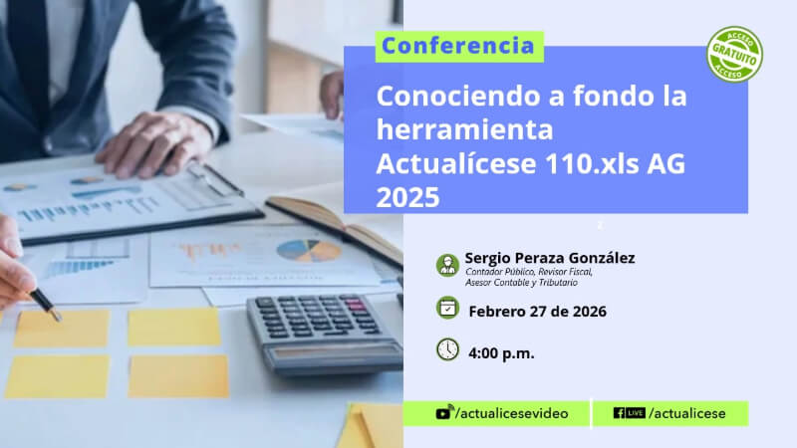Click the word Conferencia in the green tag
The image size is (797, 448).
[458, 46]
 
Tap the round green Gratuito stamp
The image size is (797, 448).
[734, 55]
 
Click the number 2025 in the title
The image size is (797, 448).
[407, 197]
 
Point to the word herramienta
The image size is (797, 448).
[464, 129]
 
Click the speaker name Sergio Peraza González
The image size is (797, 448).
[550, 258]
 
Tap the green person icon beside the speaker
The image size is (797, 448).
[447, 265]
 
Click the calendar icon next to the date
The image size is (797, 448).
[447, 308]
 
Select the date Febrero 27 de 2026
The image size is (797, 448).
[537, 312]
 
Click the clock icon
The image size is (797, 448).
[447, 349]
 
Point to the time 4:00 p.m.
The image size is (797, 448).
[501, 353]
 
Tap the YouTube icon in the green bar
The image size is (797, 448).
[443, 412]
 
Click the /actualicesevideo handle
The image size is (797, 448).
[512, 413]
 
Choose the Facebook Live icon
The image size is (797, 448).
[630, 413]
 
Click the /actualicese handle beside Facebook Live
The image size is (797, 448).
[687, 413]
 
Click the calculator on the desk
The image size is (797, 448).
[326, 334]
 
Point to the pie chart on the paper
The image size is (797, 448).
[309, 251]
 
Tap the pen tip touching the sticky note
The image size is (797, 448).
[59, 319]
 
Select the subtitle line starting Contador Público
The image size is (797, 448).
[529, 272]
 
